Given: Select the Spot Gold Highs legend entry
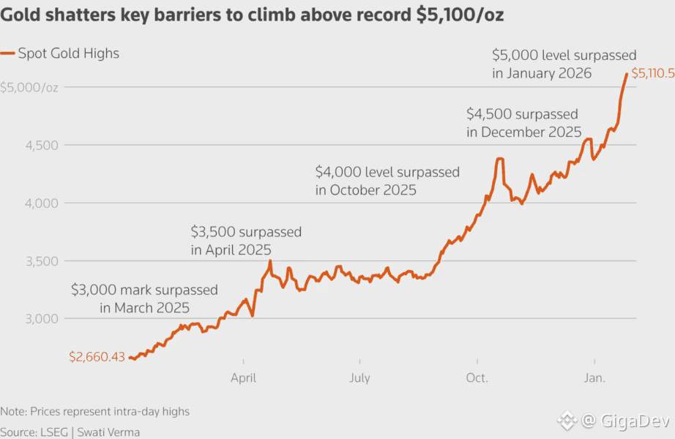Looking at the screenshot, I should [61, 53].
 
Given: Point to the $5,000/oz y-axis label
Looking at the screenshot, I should [29, 87].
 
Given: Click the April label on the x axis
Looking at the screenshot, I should [243, 378].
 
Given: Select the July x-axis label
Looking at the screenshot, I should [359, 378].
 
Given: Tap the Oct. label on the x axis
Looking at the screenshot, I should [477, 378].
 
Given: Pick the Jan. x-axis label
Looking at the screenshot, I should [594, 378].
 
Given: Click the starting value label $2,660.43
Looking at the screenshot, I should [97, 357].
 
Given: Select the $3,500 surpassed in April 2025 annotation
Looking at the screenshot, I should [246, 241].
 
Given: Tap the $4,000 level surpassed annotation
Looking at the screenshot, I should [387, 181].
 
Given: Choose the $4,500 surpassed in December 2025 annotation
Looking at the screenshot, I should [523, 123].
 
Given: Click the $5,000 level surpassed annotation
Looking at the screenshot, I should [564, 64].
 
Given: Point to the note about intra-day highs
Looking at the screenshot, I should [95, 411].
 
